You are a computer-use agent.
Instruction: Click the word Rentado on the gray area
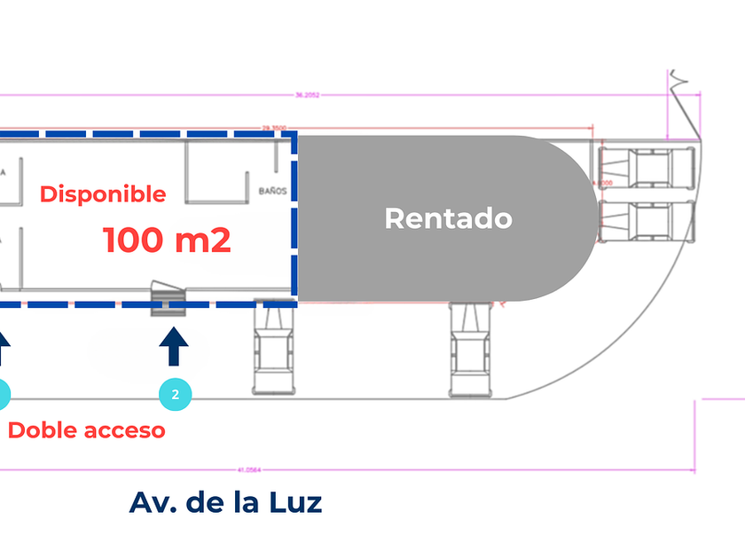click(x=448, y=217)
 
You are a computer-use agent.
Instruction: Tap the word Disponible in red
click(x=103, y=193)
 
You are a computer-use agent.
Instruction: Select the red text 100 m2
click(x=167, y=240)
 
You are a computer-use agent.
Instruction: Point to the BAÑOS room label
click(x=272, y=191)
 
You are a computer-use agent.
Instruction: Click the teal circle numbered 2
click(x=175, y=395)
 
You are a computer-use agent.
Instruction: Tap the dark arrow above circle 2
click(x=175, y=347)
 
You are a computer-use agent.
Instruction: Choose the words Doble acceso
click(x=87, y=430)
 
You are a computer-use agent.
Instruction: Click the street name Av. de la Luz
click(x=225, y=502)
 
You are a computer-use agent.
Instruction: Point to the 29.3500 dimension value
click(x=272, y=128)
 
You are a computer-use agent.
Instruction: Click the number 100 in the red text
click(x=133, y=240)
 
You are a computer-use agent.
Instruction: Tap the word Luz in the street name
click(x=294, y=502)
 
